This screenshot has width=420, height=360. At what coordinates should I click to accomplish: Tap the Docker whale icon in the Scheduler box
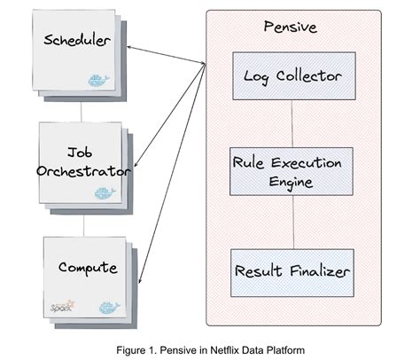coord(98,80)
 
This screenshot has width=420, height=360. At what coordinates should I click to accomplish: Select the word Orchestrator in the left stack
coord(84,171)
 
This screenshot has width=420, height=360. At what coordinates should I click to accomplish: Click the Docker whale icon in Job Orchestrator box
coord(105,192)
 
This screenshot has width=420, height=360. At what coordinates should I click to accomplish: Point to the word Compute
coord(88,267)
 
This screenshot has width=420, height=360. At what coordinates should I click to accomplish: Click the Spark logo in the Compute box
coord(63,306)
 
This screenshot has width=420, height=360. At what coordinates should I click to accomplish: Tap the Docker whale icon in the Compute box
coord(108,307)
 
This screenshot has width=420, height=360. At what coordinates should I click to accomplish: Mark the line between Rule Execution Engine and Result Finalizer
coord(293,222)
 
